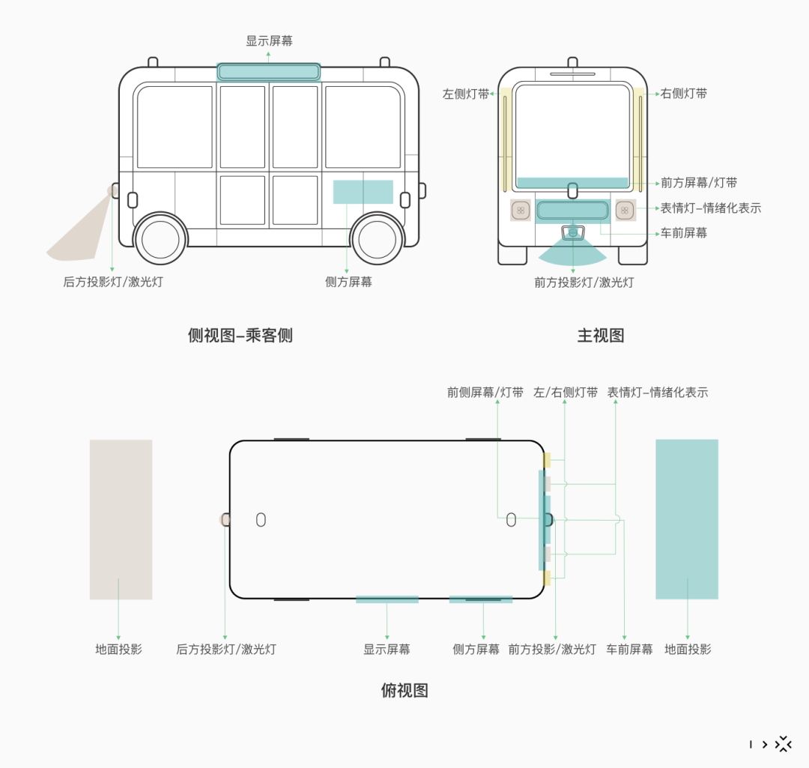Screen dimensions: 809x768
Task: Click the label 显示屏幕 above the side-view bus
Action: pyautogui.click(x=269, y=40)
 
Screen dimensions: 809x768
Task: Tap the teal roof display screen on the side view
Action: pyautogui.click(x=268, y=72)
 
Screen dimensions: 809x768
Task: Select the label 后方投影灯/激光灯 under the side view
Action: pyautogui.click(x=113, y=282)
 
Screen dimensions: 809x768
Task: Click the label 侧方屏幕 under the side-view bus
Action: pyautogui.click(x=348, y=282)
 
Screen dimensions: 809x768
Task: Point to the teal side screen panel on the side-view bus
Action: pyautogui.click(x=363, y=192)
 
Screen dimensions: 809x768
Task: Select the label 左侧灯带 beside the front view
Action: pyautogui.click(x=465, y=94)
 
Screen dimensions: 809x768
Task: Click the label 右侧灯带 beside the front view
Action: pyautogui.click(x=684, y=94)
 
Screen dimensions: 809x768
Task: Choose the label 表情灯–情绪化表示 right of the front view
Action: pyautogui.click(x=710, y=208)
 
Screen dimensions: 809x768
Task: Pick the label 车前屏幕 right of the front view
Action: pyautogui.click(x=684, y=233)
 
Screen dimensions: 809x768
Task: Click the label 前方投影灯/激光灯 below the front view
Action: pyautogui.click(x=584, y=282)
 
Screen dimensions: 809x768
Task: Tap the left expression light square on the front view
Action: pyautogui.click(x=521, y=211)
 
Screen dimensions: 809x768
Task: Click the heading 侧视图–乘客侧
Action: pyautogui.click(x=240, y=336)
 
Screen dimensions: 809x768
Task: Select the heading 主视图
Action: pyautogui.click(x=601, y=336)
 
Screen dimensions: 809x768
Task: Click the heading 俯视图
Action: pyautogui.click(x=404, y=691)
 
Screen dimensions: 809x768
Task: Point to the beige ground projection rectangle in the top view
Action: pyautogui.click(x=121, y=519)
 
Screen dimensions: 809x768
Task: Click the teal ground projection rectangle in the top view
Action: pyautogui.click(x=687, y=519)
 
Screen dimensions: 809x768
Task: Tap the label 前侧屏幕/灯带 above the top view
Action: pyautogui.click(x=485, y=393)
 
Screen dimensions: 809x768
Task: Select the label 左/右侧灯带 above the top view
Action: pyautogui.click(x=566, y=393)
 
